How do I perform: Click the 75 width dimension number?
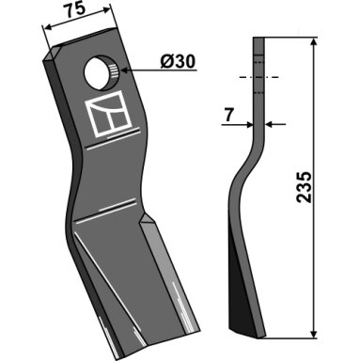pyautogui.click(x=76, y=10)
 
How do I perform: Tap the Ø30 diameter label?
pyautogui.click(x=178, y=61)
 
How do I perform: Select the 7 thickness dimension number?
pyautogui.click(x=228, y=115)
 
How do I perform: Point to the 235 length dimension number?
pyautogui.click(x=305, y=187)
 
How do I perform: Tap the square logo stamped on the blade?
pyautogui.click(x=108, y=114)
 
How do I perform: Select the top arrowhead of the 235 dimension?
pyautogui.click(x=314, y=43)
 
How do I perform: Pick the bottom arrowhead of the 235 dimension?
pyautogui.click(x=314, y=334)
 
